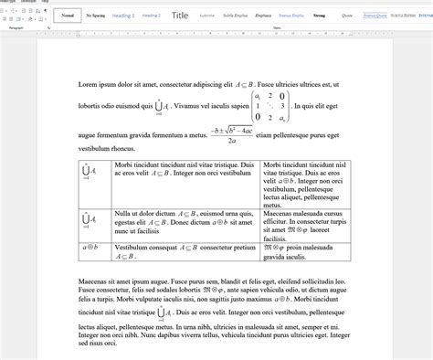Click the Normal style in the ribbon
pyautogui.click(x=67, y=16)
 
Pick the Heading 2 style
pyautogui.click(x=152, y=16)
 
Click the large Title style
pyautogui.click(x=180, y=16)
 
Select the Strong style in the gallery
pyautogui.click(x=319, y=16)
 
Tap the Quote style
pyautogui.click(x=347, y=16)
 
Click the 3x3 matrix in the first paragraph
pyautogui.click(x=271, y=106)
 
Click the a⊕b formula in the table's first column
pyautogui.click(x=90, y=247)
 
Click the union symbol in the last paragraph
pyautogui.click(x=161, y=312)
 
